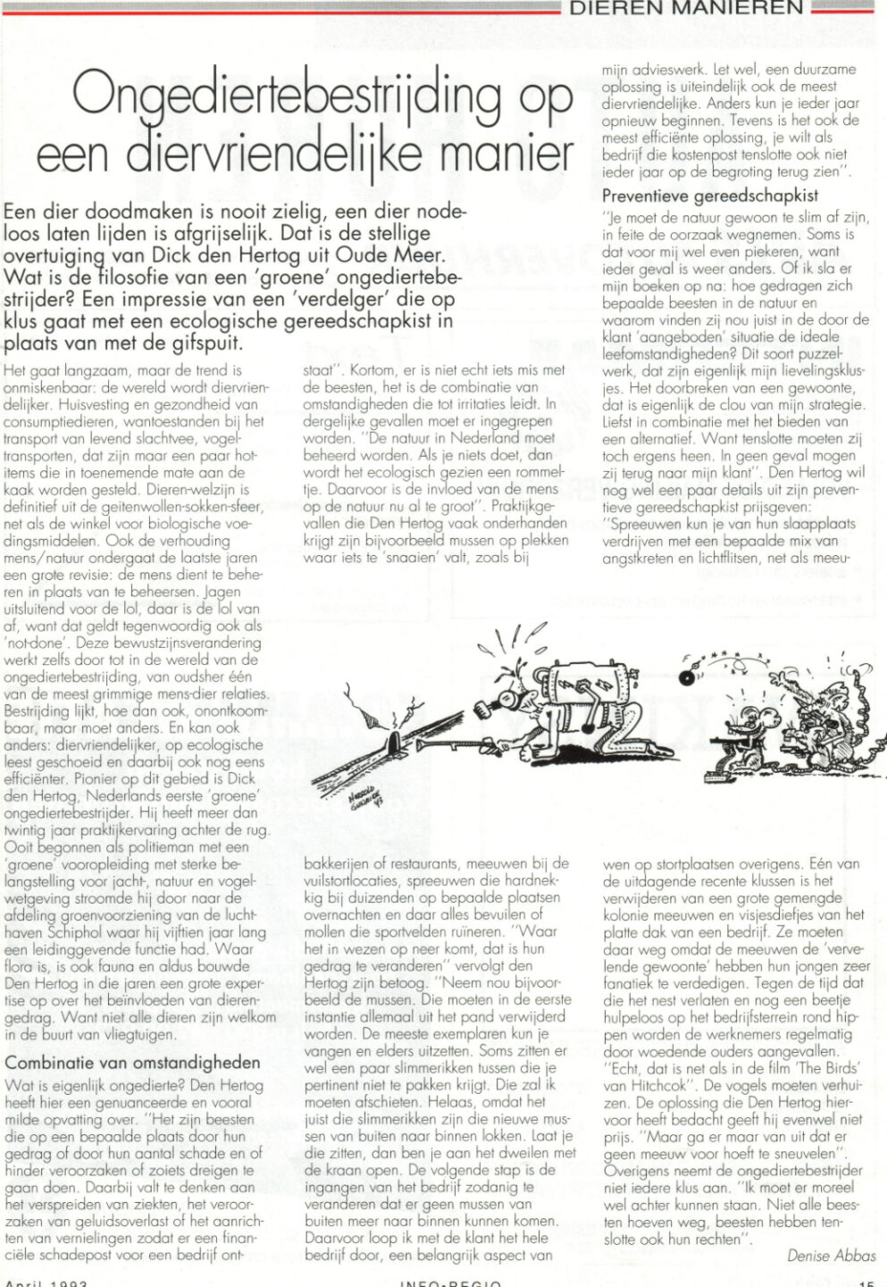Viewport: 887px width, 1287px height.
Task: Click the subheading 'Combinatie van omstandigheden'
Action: tap(133, 1063)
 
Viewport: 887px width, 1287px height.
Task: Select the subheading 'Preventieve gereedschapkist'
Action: tap(710, 195)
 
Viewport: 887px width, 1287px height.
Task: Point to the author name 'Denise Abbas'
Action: tap(831, 1256)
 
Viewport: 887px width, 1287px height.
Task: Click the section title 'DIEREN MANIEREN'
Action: tap(689, 8)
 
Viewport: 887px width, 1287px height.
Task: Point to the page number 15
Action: tap(866, 1283)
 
